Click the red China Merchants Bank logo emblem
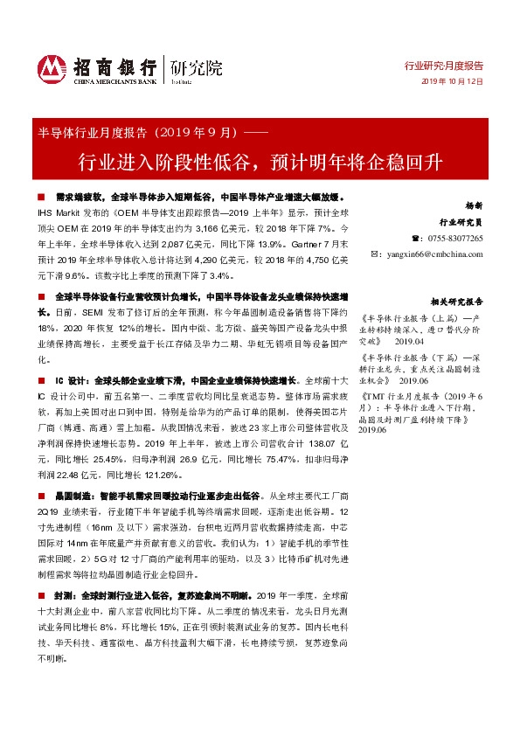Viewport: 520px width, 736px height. click(52, 66)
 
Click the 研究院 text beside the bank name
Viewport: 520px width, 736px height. click(197, 67)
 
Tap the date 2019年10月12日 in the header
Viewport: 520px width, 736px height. click(452, 81)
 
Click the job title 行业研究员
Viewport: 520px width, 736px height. click(460, 223)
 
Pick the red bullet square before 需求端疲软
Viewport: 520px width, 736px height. click(41, 198)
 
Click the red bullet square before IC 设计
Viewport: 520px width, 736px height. click(41, 382)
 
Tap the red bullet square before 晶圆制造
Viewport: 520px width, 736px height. click(41, 495)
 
